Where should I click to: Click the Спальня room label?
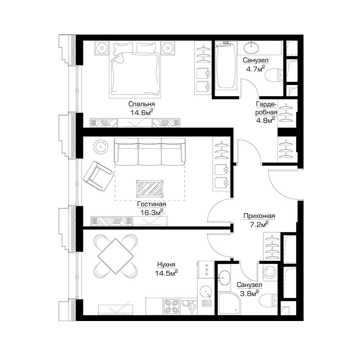[x=141, y=104]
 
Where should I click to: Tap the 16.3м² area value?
[x=152, y=212]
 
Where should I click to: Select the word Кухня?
[x=166, y=265]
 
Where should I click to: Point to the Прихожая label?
[x=259, y=216]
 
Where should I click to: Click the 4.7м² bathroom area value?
[x=256, y=69]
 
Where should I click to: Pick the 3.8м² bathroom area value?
[x=249, y=293]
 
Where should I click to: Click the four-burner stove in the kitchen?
[x=172, y=306]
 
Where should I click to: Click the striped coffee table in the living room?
[x=151, y=189]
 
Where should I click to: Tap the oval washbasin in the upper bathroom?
[x=252, y=48]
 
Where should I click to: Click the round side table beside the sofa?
[x=101, y=146]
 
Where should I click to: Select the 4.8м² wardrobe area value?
[x=265, y=120]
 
